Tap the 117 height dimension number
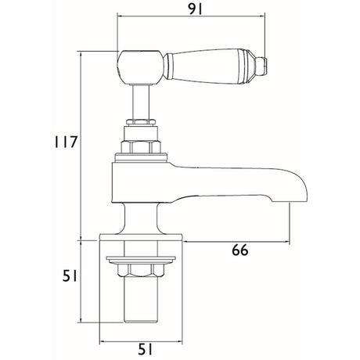pyautogui.click(x=66, y=142)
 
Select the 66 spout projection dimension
pyautogui.click(x=240, y=250)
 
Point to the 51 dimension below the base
pyautogui.click(x=145, y=349)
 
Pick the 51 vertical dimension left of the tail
pyautogui.click(x=70, y=276)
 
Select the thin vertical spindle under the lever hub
pyautogui.click(x=141, y=102)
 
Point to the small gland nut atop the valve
pyautogui.click(x=141, y=122)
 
